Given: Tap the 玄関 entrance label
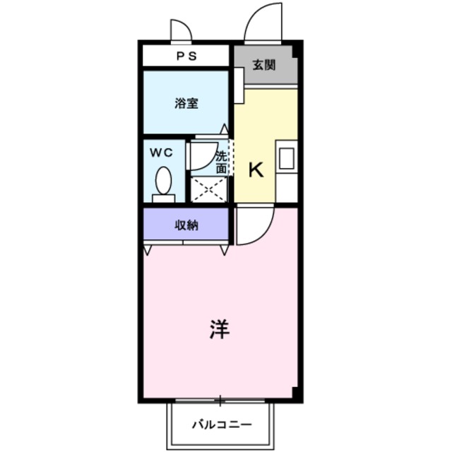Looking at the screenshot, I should click(x=264, y=66).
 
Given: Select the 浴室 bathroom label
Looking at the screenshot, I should click(x=186, y=103).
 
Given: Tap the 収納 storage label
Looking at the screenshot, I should click(x=186, y=225).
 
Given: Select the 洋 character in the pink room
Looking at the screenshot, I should click(x=220, y=330).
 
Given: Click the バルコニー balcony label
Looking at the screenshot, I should click(x=220, y=425).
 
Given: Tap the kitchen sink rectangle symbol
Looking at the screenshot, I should click(x=285, y=158).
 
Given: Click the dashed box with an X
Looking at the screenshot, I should click(x=209, y=190).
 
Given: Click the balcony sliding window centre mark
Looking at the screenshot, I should click(x=220, y=401).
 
